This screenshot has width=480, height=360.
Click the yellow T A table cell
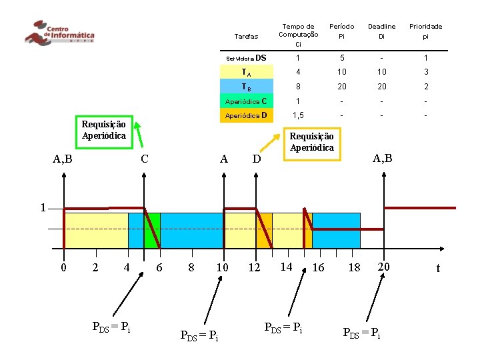(247, 72)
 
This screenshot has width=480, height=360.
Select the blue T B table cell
(247, 86)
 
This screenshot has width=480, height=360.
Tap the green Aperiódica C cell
(247, 101)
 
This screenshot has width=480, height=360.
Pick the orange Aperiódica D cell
(247, 116)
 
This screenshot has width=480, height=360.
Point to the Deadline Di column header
(382, 31)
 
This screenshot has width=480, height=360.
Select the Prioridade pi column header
(425, 31)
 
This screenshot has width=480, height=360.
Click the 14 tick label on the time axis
(286, 267)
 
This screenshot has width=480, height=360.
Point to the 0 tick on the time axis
(63, 267)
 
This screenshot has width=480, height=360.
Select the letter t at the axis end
(437, 268)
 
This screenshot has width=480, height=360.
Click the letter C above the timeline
(144, 159)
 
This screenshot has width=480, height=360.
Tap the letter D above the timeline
(256, 160)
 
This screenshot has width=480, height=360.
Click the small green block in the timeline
(152, 230)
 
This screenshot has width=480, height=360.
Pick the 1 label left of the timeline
(42, 207)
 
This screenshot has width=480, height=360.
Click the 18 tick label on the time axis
(354, 267)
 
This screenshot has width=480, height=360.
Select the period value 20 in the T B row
(341, 87)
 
